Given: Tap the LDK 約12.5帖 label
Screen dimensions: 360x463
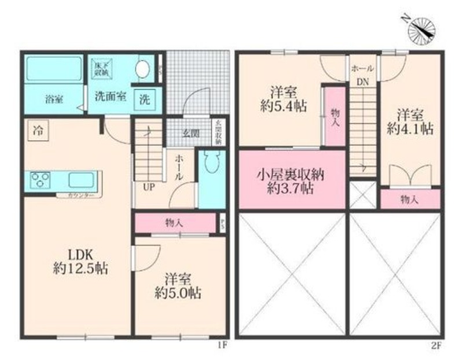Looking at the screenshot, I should tap(80, 262).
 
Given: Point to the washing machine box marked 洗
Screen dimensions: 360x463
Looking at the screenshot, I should tap(144, 98).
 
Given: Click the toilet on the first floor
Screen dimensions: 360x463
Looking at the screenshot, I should tap(212, 162).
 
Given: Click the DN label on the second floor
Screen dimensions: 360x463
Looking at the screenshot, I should tap(362, 82).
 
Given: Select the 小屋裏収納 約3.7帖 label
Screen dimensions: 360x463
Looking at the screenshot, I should tap(291, 180).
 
